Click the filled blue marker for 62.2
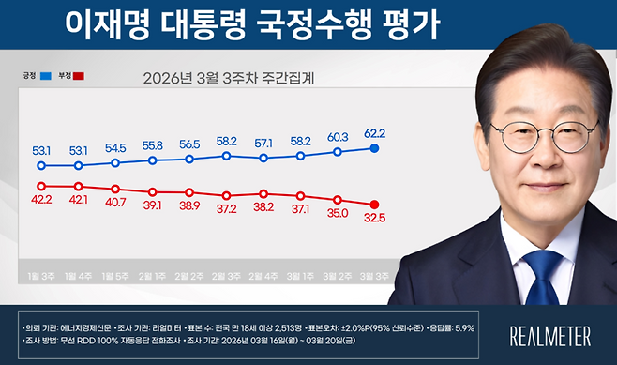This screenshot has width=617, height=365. [x=375, y=148]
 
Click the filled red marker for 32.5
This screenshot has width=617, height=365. [x=375, y=205]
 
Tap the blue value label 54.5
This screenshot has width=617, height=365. [x=115, y=148]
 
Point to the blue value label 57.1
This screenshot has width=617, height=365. [x=264, y=144]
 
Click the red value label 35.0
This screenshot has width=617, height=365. [x=338, y=213]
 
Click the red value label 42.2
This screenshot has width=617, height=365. [x=41, y=199]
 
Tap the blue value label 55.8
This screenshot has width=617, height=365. [x=153, y=145]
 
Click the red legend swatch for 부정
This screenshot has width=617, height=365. [x=80, y=75]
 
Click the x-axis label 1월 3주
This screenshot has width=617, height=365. [x=41, y=275]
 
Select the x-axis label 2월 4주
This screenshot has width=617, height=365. [x=264, y=275]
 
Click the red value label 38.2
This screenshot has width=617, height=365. [x=264, y=207]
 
